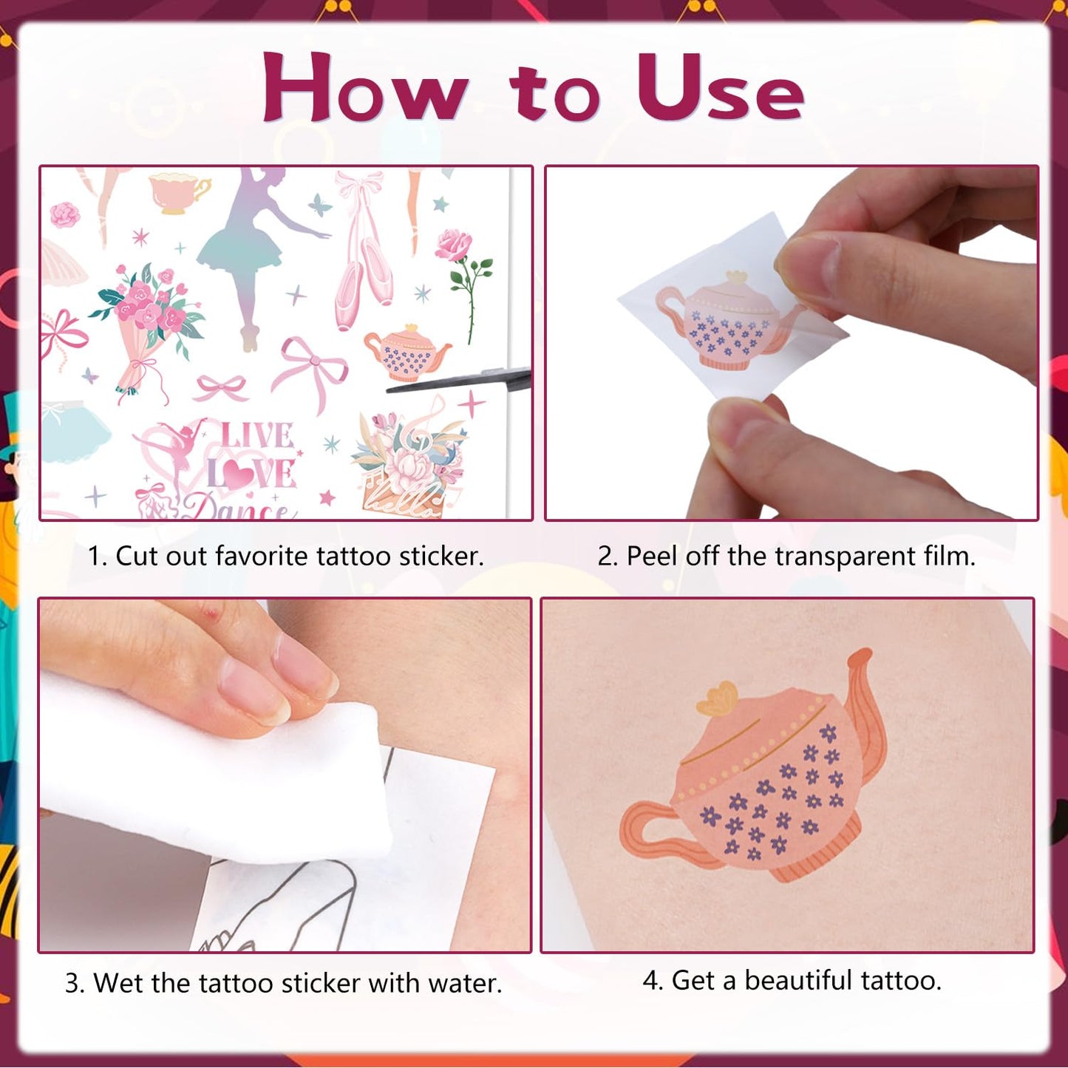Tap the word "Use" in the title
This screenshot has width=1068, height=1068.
coord(721,87)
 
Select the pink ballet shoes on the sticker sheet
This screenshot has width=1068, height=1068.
coord(363,249)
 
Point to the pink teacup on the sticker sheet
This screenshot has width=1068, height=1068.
coord(178,191)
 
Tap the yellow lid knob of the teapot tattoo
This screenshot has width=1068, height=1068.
coord(718,699)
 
